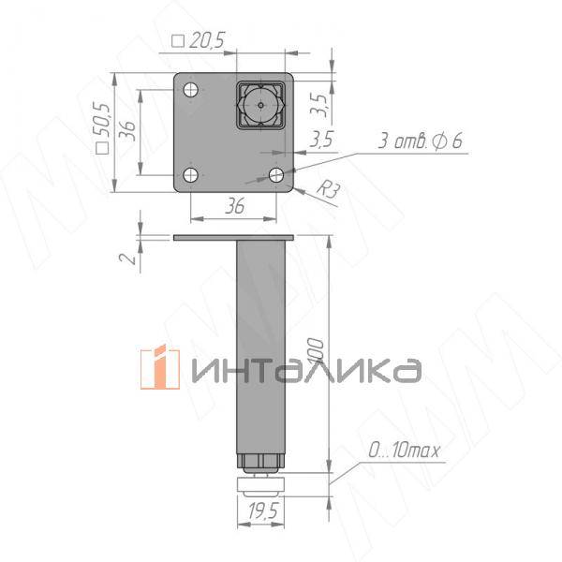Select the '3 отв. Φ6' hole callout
(x=421, y=141)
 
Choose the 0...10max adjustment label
(x=404, y=451)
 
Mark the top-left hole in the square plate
(x=191, y=91)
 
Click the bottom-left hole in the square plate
(x=191, y=175)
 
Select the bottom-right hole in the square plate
(x=275, y=175)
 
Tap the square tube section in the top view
(x=260, y=105)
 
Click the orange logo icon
(x=159, y=368)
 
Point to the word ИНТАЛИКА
(x=304, y=370)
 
